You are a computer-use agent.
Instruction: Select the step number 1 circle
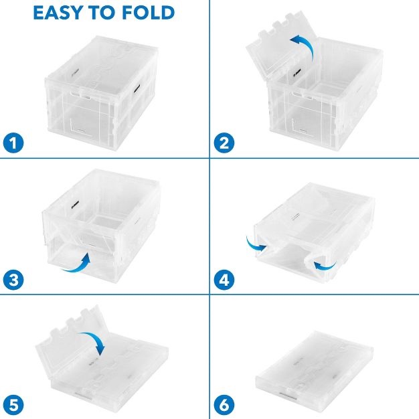point(13,143)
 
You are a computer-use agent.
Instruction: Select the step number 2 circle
point(224,143)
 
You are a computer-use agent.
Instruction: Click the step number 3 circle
point(13,280)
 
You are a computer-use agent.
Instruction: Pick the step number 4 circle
point(224,280)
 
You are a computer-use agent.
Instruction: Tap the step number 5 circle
point(13,405)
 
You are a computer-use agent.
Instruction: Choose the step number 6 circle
point(224,405)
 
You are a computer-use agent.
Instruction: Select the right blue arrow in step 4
point(325,266)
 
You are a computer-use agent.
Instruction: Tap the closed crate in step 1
point(102,94)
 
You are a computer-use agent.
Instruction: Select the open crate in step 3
point(102,226)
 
